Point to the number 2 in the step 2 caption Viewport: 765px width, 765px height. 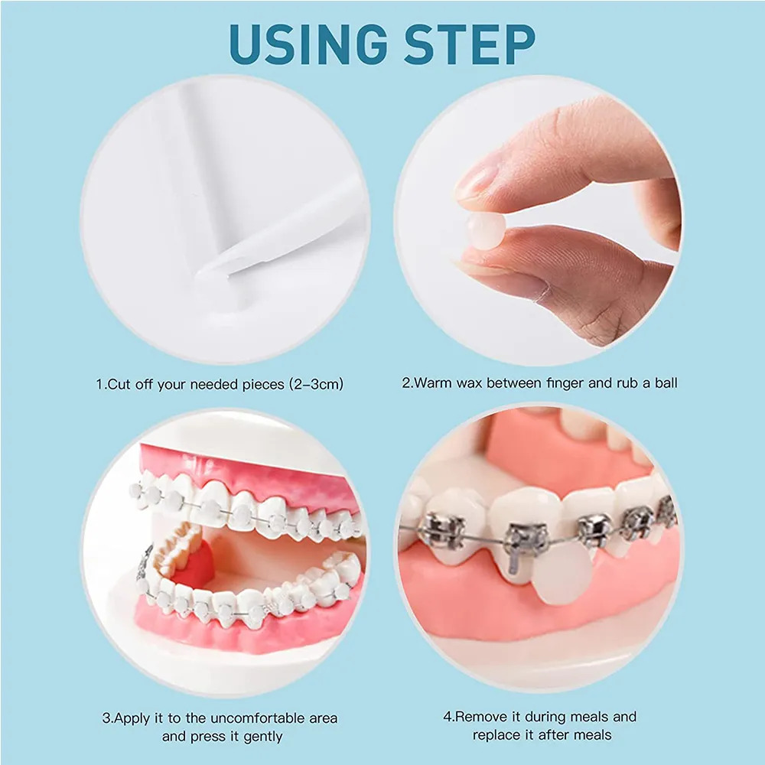pyautogui.click(x=406, y=382)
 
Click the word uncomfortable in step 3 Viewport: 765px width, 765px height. pyautogui.click(x=259, y=718)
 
